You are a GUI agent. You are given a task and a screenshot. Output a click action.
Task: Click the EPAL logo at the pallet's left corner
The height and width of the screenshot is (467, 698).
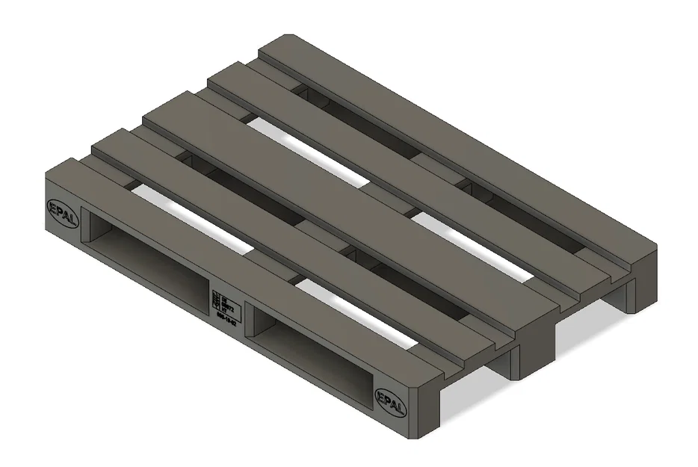[61, 207]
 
